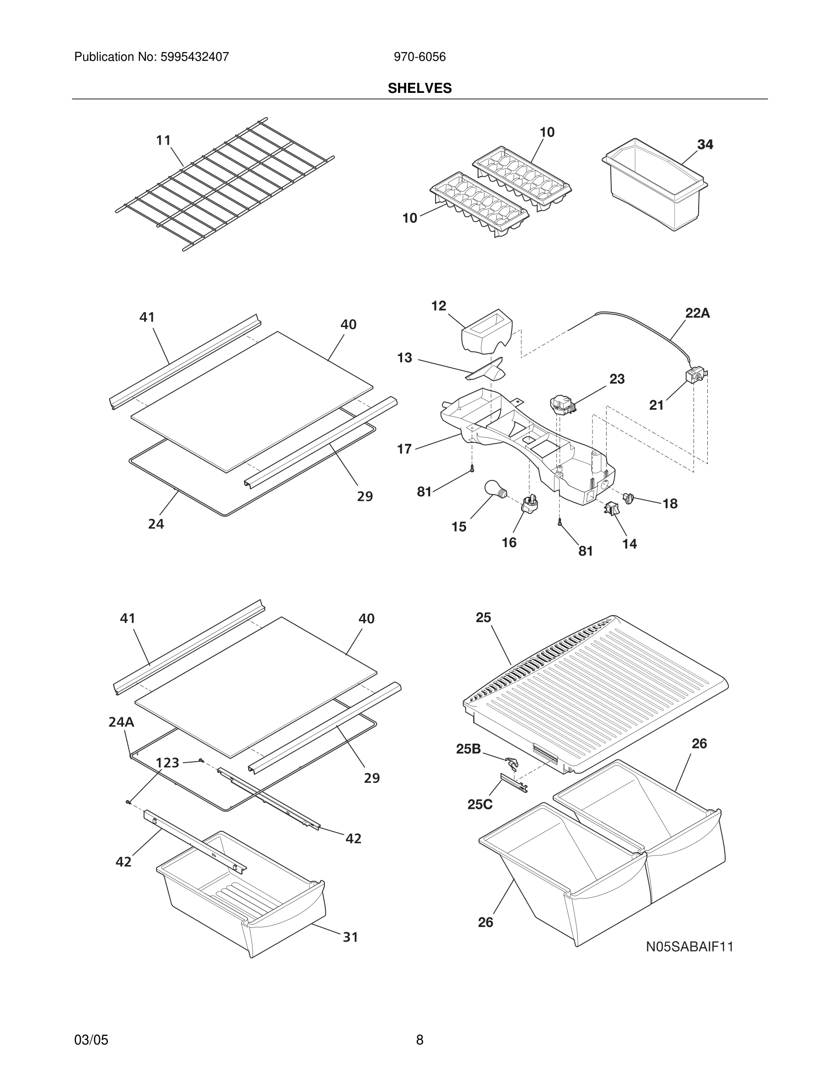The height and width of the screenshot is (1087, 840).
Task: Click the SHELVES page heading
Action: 420,88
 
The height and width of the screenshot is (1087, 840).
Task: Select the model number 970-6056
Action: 420,57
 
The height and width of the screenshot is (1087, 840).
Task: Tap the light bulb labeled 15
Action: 495,489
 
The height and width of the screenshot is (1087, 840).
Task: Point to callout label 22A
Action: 697,313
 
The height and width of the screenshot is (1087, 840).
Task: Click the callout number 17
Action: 404,449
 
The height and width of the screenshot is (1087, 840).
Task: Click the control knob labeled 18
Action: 628,497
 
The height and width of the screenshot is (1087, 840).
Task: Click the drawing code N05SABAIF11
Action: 689,946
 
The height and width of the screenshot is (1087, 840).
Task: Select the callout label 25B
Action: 468,748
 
